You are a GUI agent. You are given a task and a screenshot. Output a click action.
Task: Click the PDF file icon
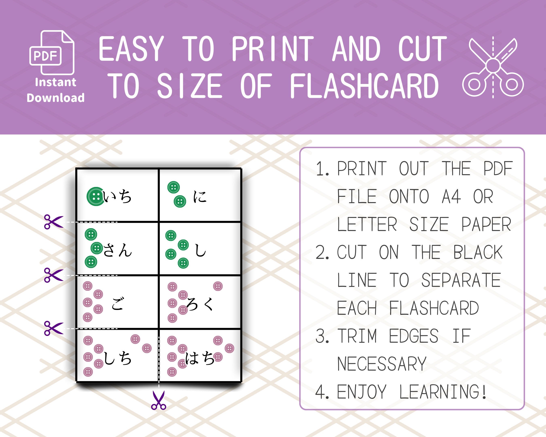(x=52, y=53)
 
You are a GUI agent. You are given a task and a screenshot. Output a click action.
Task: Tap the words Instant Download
(x=55, y=90)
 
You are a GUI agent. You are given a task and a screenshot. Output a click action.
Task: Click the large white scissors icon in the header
(x=493, y=67)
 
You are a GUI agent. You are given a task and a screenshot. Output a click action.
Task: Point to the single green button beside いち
(x=95, y=196)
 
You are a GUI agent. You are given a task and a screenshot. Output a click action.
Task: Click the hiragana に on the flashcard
(x=200, y=197)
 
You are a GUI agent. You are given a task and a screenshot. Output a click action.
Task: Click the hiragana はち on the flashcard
(x=200, y=358)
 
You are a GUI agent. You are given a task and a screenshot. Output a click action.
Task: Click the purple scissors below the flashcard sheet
(x=159, y=400)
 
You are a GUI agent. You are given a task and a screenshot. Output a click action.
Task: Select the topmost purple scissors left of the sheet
(x=53, y=222)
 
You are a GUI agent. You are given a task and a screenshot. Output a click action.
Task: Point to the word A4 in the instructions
(x=451, y=197)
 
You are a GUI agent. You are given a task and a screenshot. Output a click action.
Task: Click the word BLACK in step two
(x=478, y=252)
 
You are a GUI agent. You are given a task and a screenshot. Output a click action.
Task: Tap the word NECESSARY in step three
(x=382, y=364)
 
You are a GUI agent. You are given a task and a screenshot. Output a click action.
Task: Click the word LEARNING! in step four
(x=443, y=392)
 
